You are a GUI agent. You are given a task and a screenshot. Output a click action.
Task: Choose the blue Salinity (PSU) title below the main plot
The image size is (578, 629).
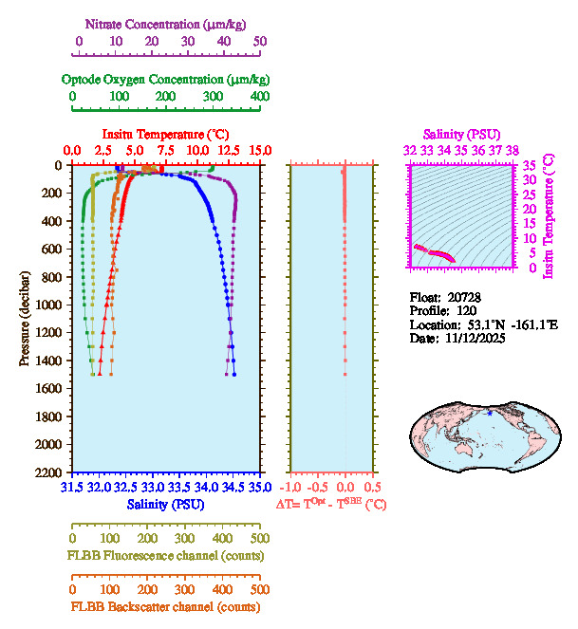(x=165, y=504)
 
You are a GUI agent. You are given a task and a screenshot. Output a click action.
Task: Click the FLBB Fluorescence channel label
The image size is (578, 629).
(x=165, y=555)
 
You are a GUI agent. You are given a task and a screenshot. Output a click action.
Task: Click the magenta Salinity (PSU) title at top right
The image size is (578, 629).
(x=460, y=134)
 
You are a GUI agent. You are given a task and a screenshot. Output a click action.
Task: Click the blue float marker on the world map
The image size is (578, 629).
(x=490, y=413)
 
